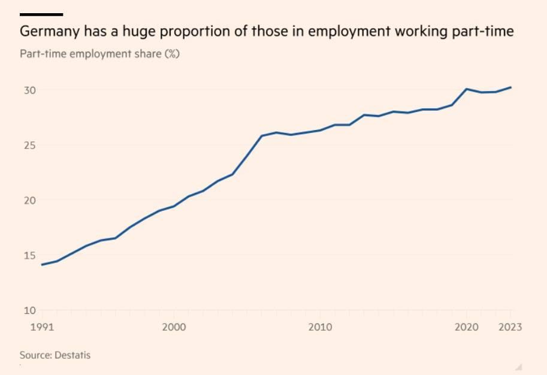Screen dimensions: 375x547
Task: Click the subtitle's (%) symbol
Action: (172, 54)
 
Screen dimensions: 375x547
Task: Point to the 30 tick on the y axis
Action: (30, 90)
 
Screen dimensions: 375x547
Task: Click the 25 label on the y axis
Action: (30, 146)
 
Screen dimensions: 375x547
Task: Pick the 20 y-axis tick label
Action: (30, 200)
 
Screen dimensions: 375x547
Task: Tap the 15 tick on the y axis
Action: (30, 255)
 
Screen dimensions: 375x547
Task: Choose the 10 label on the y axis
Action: (30, 310)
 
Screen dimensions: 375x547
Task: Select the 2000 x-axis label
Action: (173, 328)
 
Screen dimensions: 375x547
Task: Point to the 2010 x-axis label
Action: (319, 328)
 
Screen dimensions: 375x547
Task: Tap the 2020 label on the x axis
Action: (466, 328)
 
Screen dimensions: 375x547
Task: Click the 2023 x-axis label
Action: (510, 328)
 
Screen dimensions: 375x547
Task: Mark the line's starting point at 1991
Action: (42, 265)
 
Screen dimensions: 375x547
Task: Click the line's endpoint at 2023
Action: (510, 87)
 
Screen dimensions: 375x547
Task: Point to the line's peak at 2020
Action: (467, 89)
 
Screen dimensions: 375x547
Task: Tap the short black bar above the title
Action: (41, 14)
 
